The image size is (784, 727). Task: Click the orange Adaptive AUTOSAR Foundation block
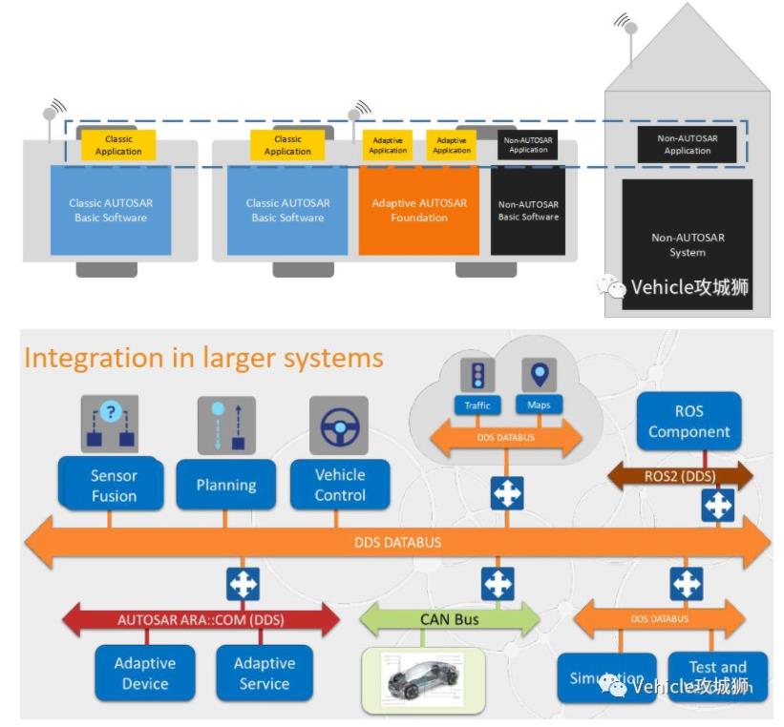[x=418, y=211]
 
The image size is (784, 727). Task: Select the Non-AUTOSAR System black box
[x=687, y=243]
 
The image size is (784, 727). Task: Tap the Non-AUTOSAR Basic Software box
[x=528, y=211]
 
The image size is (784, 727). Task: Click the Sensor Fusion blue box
[x=114, y=485]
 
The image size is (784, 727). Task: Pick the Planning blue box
[x=225, y=485]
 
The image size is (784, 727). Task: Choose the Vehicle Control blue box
[x=340, y=485]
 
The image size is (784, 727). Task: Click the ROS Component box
[x=689, y=421]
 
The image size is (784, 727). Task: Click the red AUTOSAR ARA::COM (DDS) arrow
[x=201, y=620]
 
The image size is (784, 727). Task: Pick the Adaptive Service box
[x=264, y=673]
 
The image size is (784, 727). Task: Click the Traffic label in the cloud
[x=477, y=405]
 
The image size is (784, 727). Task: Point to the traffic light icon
[x=477, y=375]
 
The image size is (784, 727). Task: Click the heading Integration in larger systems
[x=203, y=358]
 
